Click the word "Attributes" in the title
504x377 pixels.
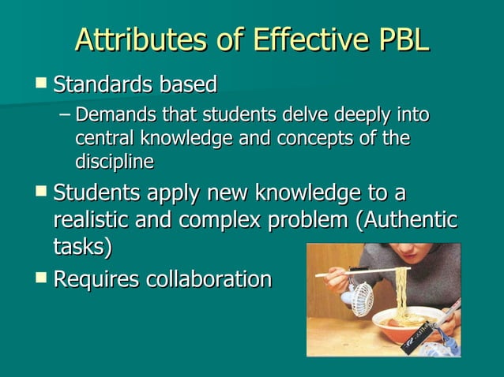tap(132, 39)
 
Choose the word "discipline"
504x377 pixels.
tap(115, 161)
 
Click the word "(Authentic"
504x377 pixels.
tap(408, 219)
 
